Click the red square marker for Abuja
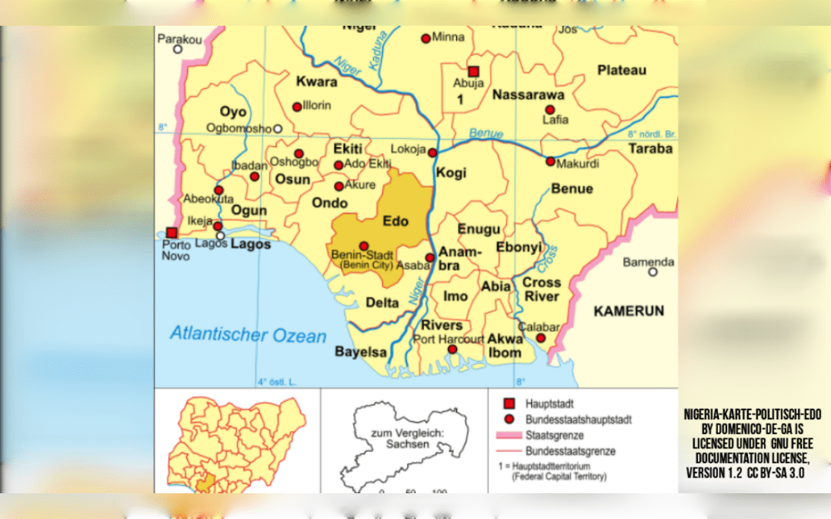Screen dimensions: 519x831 pyautogui.click(x=473, y=71)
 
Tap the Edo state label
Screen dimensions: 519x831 pyautogui.click(x=396, y=221)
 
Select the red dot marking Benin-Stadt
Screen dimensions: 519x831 pyautogui.click(x=363, y=246)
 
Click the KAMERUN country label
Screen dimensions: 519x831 pyautogui.click(x=628, y=311)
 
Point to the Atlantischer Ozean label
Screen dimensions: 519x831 pyautogui.click(x=248, y=335)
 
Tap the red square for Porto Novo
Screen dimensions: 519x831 pyautogui.click(x=171, y=233)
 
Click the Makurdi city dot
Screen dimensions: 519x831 pyautogui.click(x=550, y=161)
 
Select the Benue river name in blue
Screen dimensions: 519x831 pyautogui.click(x=486, y=134)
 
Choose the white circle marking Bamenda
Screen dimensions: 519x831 pyautogui.click(x=652, y=272)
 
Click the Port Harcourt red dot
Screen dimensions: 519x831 pyautogui.click(x=452, y=350)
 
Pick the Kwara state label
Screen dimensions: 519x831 pyautogui.click(x=317, y=81)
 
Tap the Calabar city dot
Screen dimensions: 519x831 pyautogui.click(x=540, y=339)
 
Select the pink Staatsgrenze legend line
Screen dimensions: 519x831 pyautogui.click(x=509, y=435)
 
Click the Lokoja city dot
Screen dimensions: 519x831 pyautogui.click(x=432, y=152)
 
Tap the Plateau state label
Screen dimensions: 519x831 pyautogui.click(x=622, y=70)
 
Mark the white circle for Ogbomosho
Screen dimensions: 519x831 pyautogui.click(x=278, y=129)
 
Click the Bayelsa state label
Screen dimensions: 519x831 pyautogui.click(x=361, y=352)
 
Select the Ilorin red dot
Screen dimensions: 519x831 pyautogui.click(x=297, y=106)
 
